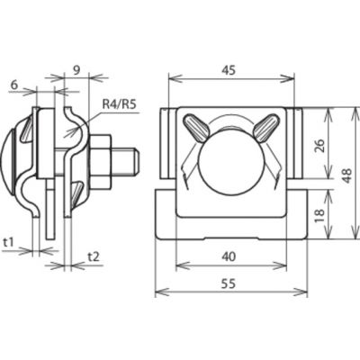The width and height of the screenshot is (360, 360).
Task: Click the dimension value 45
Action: (229, 70)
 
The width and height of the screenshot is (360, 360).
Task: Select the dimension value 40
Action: (229, 256)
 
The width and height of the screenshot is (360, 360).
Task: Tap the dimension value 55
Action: (229, 283)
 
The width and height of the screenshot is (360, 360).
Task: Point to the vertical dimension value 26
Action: (320, 146)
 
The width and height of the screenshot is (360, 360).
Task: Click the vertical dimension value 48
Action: (347, 175)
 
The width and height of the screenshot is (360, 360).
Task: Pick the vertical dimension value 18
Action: (320, 213)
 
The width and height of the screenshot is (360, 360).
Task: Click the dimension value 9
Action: (76, 70)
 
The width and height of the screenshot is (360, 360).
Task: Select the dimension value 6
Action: (13, 85)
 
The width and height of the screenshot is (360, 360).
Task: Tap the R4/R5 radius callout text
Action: (120, 104)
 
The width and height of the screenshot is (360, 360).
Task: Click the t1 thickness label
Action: (9, 242)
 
